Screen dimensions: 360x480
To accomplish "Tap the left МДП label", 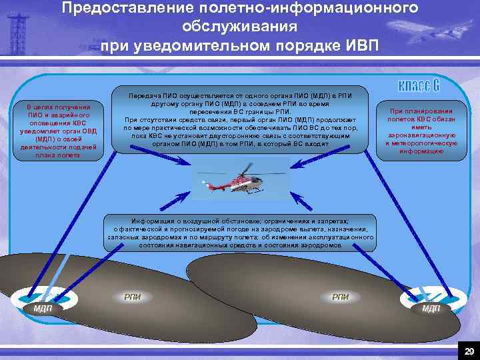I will pyautogui.click(x=43, y=308).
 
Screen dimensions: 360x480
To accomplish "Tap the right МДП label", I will pyautogui.click(x=431, y=308).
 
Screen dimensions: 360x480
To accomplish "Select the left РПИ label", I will pyautogui.click(x=133, y=297).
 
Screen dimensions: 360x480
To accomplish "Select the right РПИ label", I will pyautogui.click(x=341, y=297).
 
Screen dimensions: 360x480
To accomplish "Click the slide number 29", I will pyautogui.click(x=469, y=351).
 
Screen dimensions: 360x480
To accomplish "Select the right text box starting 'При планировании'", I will pyautogui.click(x=421, y=131).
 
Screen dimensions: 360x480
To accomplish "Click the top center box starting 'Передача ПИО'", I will pyautogui.click(x=241, y=120).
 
